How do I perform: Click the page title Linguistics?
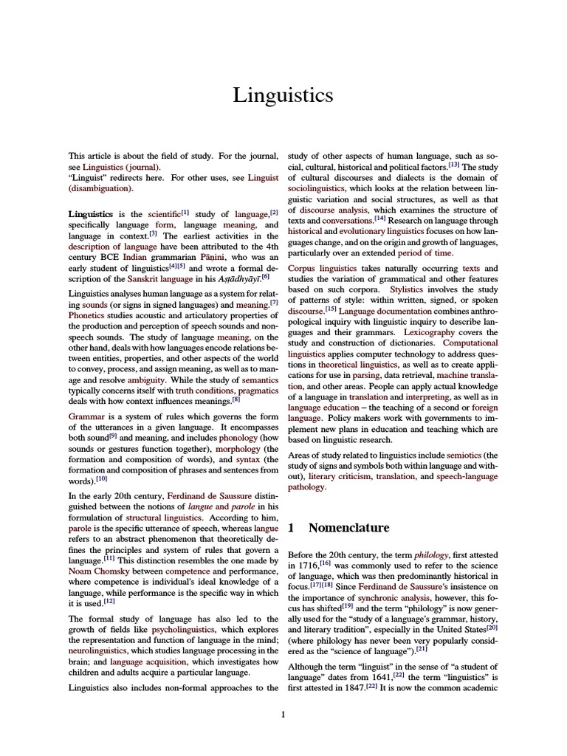[x=283, y=95]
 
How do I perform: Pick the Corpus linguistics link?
[x=322, y=269]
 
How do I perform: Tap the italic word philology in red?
[x=430, y=554]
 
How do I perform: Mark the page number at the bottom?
[x=283, y=714]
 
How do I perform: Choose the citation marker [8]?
[x=236, y=399]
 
